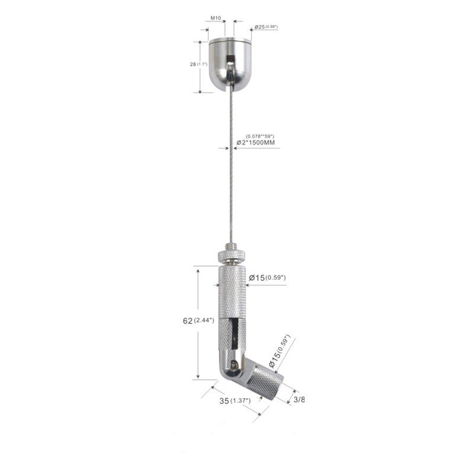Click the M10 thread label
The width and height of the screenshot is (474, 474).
click(215, 18)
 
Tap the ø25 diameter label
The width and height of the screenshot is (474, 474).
click(260, 27)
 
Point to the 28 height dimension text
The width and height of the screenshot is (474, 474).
click(193, 64)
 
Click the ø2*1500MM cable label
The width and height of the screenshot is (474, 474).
click(256, 142)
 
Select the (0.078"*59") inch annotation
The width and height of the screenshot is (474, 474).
click(260, 136)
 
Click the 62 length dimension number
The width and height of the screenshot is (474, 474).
click(187, 321)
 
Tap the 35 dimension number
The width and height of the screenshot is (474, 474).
click(224, 401)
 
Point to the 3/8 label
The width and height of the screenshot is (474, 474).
click(299, 399)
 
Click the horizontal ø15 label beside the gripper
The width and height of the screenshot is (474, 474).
click(257, 277)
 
